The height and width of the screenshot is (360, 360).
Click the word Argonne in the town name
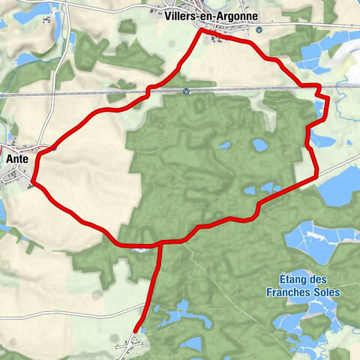coord(238,16)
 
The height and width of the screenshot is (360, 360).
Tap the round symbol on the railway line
coord(187,90)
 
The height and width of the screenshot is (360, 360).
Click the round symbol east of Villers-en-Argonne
coord(258,30)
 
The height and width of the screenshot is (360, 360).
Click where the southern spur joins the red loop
coord(160,242)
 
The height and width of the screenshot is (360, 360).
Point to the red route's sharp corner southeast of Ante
coord(34,181)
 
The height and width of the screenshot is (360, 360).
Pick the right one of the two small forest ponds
coord(259,144)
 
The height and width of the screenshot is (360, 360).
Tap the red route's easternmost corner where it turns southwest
coord(316,177)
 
